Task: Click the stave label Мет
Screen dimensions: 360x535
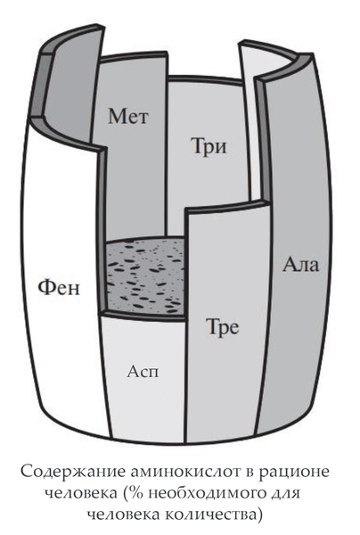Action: point(128,116)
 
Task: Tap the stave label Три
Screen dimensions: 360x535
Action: point(209,147)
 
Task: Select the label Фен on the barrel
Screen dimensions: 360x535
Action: point(59,287)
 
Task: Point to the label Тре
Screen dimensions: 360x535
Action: point(222,327)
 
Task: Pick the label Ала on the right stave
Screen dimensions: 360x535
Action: point(300,264)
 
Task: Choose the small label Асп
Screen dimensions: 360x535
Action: point(143,371)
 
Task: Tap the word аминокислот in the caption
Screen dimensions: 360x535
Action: point(189,473)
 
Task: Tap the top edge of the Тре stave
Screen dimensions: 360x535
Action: point(227,207)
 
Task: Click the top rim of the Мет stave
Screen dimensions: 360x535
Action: point(134,55)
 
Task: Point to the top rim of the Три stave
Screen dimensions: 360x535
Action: point(206,80)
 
